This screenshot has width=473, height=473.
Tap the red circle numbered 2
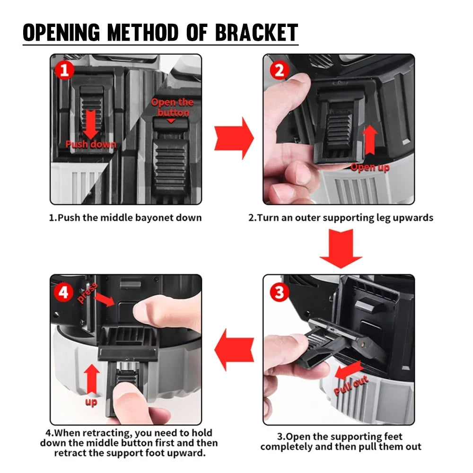tap(279, 70)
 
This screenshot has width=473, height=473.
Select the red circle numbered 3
tap(279, 292)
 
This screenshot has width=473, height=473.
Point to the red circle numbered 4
tap(64, 293)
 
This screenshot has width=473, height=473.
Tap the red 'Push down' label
tap(90, 144)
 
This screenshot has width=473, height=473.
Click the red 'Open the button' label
tap(173, 107)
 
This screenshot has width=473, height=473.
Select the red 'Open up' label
tap(370, 167)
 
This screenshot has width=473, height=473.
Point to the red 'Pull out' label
tap(350, 385)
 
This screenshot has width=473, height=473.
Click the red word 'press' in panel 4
tap(88, 293)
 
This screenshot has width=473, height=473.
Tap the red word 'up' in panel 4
tap(91, 403)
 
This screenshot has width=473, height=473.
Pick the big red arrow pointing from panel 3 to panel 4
tap(234, 350)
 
